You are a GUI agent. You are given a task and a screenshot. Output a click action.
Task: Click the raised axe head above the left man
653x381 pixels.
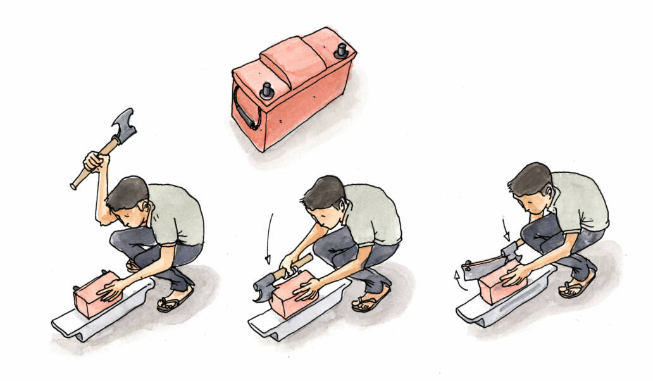[x=123, y=127]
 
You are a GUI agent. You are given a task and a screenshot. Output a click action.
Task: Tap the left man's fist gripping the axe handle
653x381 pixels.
[x=94, y=161]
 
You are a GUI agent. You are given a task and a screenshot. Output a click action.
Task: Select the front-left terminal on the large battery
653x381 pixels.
[x=266, y=91]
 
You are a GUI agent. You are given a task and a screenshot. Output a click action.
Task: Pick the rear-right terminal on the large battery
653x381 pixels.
[x=342, y=50]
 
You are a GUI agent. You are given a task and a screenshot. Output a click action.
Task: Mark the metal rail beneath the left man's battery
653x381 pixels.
[x=101, y=320]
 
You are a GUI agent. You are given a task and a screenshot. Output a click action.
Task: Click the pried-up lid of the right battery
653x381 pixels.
[x=484, y=266]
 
